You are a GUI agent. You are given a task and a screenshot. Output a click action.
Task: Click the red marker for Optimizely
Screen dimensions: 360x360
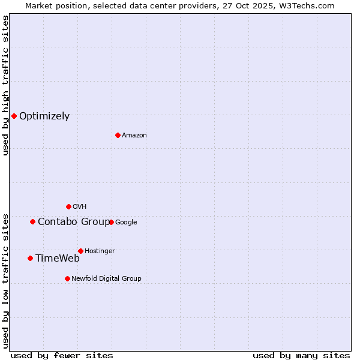(14, 116)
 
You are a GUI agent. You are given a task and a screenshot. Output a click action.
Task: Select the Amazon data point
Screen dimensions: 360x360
(118, 135)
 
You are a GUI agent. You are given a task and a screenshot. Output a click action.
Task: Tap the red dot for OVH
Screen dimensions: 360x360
(68, 206)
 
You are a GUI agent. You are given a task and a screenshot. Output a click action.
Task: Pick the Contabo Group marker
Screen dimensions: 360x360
(32, 221)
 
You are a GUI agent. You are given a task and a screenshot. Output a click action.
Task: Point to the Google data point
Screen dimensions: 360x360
(111, 222)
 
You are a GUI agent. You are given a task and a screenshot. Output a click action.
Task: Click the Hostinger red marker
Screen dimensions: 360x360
(80, 251)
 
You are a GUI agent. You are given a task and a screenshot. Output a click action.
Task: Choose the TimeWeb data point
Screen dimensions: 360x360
(30, 258)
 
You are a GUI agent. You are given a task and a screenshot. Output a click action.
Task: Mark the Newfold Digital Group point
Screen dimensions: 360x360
(67, 278)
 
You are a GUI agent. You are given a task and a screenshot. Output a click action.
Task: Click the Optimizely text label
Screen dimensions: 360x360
(44, 116)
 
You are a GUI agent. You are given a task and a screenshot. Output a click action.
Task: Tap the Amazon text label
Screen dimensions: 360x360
(134, 136)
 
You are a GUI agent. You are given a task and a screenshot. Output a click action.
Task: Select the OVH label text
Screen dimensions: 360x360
(79, 207)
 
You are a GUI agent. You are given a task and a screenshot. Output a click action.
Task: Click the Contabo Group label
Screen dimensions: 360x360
(74, 222)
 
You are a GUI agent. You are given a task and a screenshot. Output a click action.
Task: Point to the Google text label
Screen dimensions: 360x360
(126, 223)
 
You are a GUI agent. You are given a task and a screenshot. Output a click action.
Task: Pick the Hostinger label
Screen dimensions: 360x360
(100, 251)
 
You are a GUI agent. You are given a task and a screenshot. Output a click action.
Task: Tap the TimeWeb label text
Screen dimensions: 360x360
(57, 259)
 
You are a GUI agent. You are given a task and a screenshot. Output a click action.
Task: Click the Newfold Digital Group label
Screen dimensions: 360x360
(106, 279)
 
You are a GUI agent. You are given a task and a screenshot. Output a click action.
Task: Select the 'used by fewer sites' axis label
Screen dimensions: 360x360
(62, 355)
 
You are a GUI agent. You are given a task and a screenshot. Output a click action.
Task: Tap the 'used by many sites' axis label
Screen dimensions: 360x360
(301, 355)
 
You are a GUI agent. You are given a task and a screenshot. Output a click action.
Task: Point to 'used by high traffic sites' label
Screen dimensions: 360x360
(5, 85)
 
